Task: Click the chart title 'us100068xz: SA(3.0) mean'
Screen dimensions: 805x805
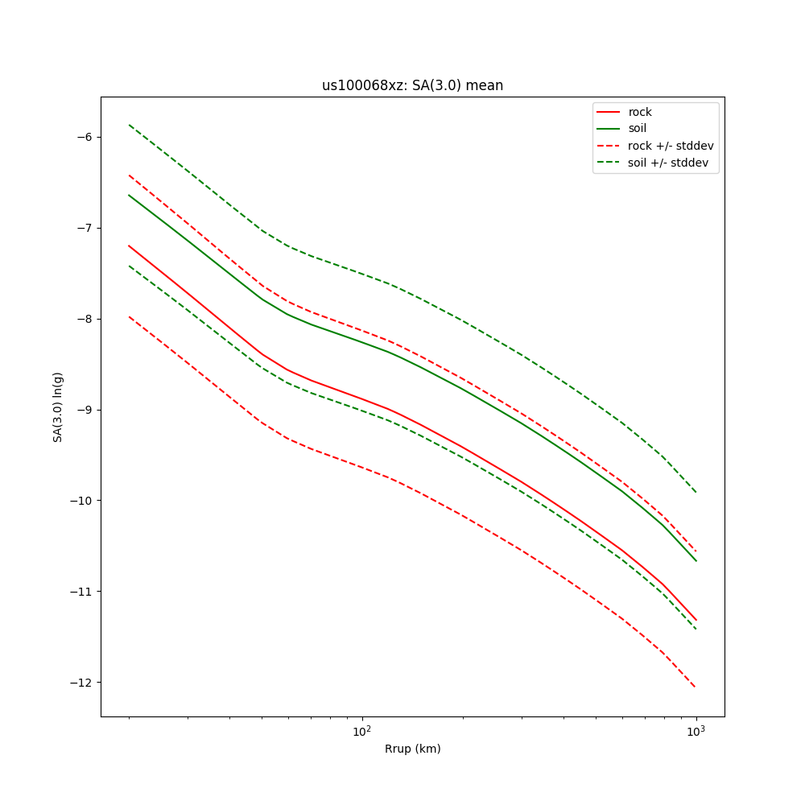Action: point(412,85)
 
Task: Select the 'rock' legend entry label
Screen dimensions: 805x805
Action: point(640,112)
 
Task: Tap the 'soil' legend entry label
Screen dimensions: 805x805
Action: point(637,128)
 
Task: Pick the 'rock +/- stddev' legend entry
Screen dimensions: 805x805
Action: point(671,146)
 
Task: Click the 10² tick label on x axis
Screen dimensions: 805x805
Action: point(362,731)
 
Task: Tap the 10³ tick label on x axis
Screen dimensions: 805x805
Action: point(696,731)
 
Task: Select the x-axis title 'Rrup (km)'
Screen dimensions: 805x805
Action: point(412,749)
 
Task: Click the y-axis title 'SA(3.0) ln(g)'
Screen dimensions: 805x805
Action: point(58,407)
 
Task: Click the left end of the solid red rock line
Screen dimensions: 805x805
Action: point(130,246)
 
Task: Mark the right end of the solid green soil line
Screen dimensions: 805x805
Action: point(696,560)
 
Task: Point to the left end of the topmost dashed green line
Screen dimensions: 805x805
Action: point(130,125)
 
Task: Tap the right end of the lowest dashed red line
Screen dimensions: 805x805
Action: point(696,687)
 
